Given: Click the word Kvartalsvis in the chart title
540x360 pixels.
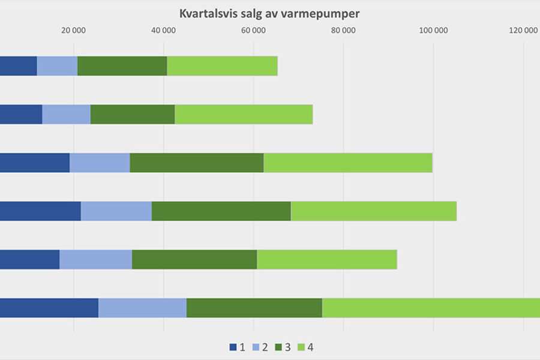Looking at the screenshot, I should click(x=208, y=13).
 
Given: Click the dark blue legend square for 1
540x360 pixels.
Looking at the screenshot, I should click(x=233, y=347).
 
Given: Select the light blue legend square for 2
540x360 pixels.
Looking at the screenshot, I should click(x=256, y=347).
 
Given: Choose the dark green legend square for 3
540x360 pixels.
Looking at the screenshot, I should click(x=278, y=347).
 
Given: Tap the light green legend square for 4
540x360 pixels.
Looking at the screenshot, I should click(x=301, y=347).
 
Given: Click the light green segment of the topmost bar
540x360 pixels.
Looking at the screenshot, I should click(x=222, y=66).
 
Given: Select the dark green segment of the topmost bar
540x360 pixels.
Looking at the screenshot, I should click(x=122, y=66).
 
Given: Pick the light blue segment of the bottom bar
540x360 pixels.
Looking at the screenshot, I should click(x=142, y=308).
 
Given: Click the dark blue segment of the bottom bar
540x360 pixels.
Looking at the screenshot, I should click(x=49, y=308).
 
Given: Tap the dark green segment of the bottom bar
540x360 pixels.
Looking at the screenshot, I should click(x=254, y=308).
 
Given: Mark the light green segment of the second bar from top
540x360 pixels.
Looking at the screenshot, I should click(x=244, y=115).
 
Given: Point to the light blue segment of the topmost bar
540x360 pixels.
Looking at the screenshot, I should click(x=57, y=66).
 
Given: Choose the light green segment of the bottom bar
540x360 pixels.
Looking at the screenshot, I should click(x=431, y=308).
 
